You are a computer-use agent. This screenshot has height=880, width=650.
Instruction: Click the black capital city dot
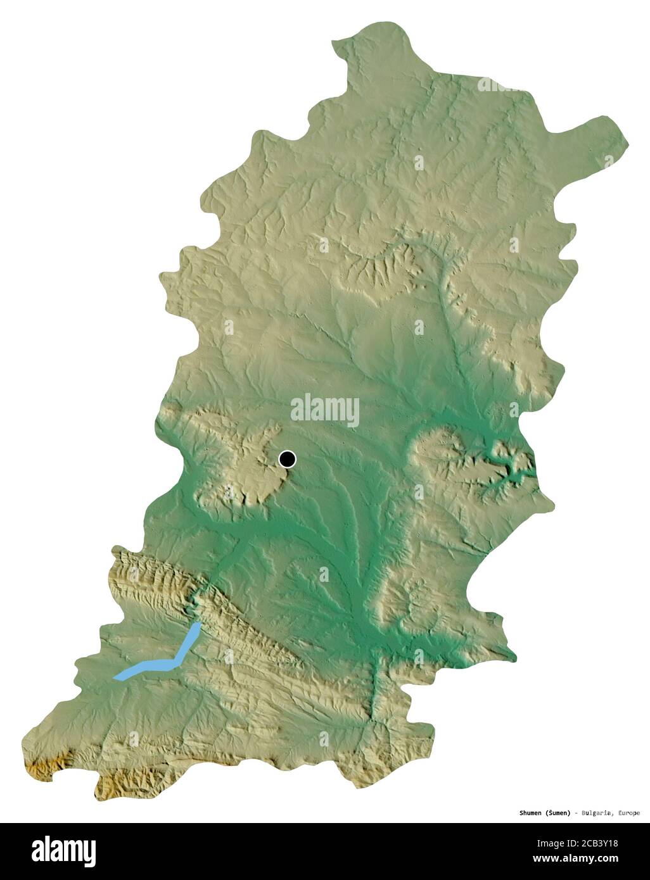pos(288,459)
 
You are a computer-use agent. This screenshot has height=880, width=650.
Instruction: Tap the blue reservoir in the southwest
pos(158,662)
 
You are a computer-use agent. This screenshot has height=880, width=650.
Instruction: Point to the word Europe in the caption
pos(627,813)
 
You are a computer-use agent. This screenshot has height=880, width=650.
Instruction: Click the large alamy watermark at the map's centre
pos(325,410)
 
